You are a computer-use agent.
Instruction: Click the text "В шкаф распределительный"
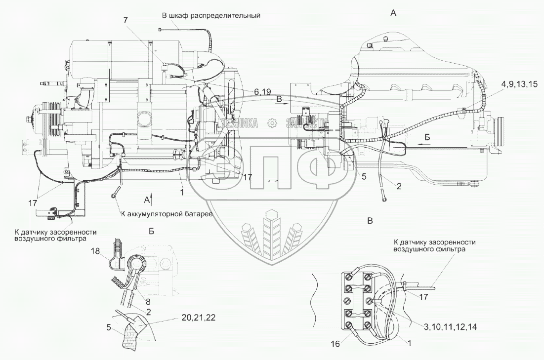[211, 15]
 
